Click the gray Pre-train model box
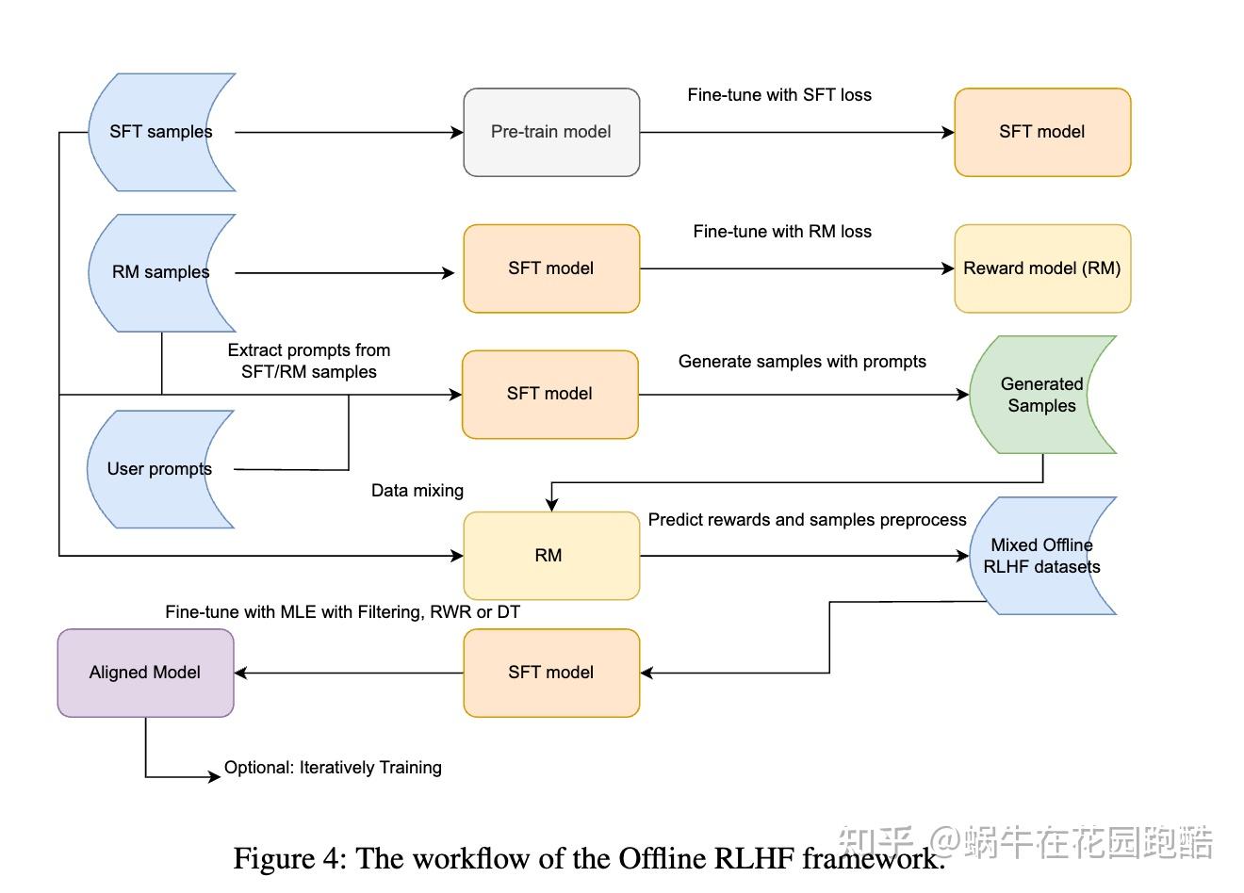point(551,132)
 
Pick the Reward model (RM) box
point(1041,268)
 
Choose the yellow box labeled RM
point(550,556)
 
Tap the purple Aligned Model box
point(145,673)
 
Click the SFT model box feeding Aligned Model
point(551,673)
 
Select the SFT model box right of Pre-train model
point(1041,132)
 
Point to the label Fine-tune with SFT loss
point(779,95)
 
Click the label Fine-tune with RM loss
point(782,232)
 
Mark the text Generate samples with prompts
point(802,362)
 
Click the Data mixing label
point(417,491)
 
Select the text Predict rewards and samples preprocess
point(807,520)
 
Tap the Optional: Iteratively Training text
point(333,768)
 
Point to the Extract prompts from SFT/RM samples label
point(309,361)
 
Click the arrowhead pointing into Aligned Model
point(241,673)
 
